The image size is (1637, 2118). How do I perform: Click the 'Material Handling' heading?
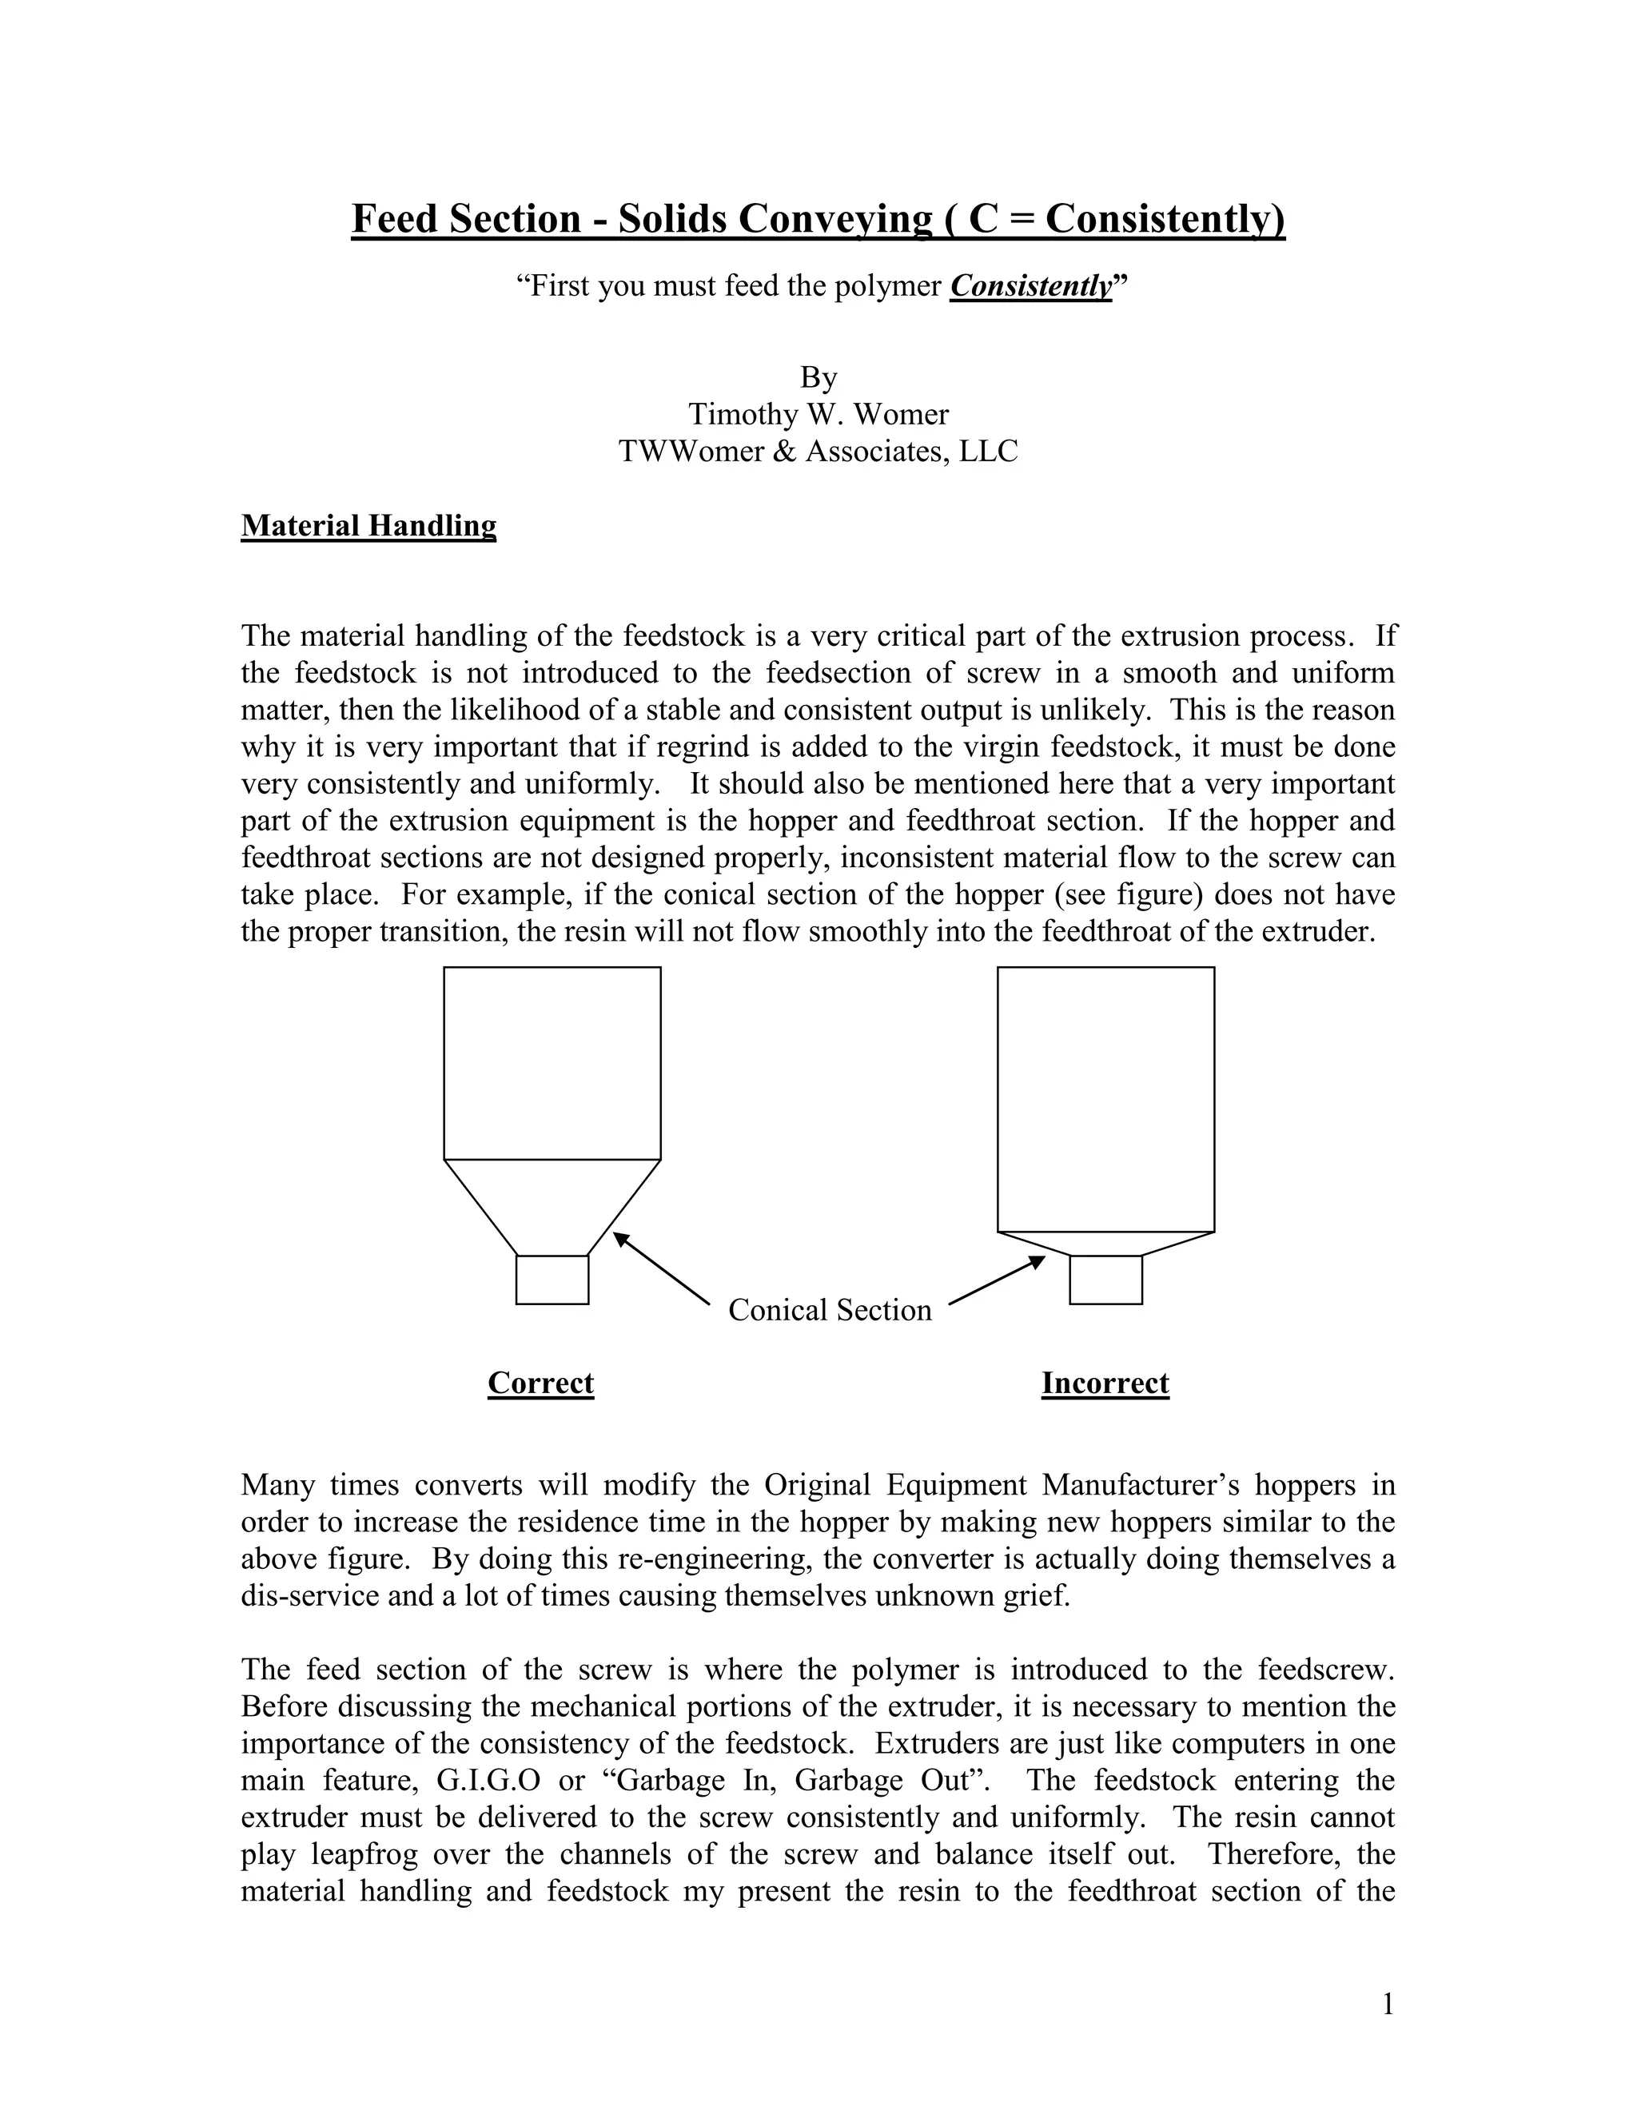(368, 526)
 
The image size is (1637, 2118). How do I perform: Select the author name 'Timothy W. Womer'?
(818, 414)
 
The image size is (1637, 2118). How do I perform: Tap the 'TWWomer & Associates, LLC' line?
(818, 451)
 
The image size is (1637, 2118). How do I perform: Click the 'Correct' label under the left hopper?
(540, 1382)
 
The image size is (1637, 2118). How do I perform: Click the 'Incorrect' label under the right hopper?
(1105, 1382)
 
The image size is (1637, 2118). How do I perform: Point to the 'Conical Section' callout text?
(829, 1310)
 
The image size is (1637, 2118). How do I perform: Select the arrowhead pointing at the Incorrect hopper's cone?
(1038, 1262)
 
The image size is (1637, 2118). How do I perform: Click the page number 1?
(1388, 2005)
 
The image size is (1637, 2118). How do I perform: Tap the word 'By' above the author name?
(818, 377)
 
